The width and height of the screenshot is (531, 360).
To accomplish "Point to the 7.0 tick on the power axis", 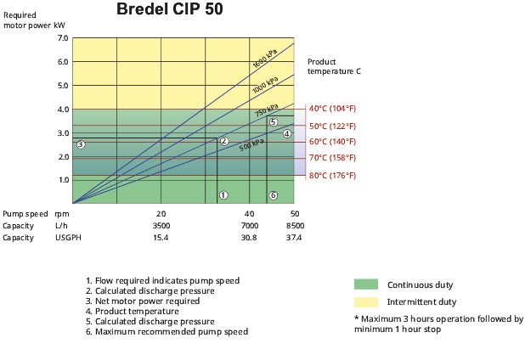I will pos(63,38).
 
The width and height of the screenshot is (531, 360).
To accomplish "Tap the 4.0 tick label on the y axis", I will pos(63,110).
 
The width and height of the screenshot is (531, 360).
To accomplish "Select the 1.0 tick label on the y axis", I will pos(63,180).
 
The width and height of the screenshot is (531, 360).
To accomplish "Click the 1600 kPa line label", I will pos(264,60).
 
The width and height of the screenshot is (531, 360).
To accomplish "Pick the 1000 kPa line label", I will pos(264,87).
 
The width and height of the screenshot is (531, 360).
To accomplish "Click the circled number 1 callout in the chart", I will pos(223,195).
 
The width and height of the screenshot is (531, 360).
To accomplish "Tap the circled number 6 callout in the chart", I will pos(273,195).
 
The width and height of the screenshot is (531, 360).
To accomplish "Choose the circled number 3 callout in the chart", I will pos(81,144).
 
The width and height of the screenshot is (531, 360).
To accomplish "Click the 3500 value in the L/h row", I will pos(161,226).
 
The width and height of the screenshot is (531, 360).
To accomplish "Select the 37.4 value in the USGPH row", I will pos(295,238).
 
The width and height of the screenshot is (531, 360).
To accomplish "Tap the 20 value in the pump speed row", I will pos(161,213).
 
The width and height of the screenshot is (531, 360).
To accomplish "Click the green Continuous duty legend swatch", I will pos(365,284).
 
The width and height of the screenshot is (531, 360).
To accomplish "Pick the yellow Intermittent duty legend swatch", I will pos(365,301).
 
